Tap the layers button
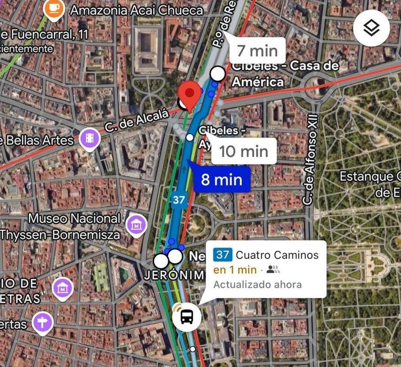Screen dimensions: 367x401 (x=371, y=28)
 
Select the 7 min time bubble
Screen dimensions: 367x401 (x=257, y=50)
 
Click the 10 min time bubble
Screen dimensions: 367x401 (x=243, y=151)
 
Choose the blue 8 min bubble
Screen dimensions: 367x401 (x=221, y=179)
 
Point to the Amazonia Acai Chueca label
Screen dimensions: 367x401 (x=136, y=10)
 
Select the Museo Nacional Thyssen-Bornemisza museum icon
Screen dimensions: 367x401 (x=136, y=225)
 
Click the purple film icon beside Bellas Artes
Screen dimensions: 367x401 (x=89, y=138)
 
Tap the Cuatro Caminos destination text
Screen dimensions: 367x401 (x=277, y=255)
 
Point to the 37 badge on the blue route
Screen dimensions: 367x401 (x=178, y=199)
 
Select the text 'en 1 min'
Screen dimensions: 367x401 (x=235, y=270)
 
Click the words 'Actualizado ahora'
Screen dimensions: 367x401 (x=257, y=284)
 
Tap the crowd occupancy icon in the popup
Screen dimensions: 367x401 (x=273, y=270)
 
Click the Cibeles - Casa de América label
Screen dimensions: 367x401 (x=285, y=73)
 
